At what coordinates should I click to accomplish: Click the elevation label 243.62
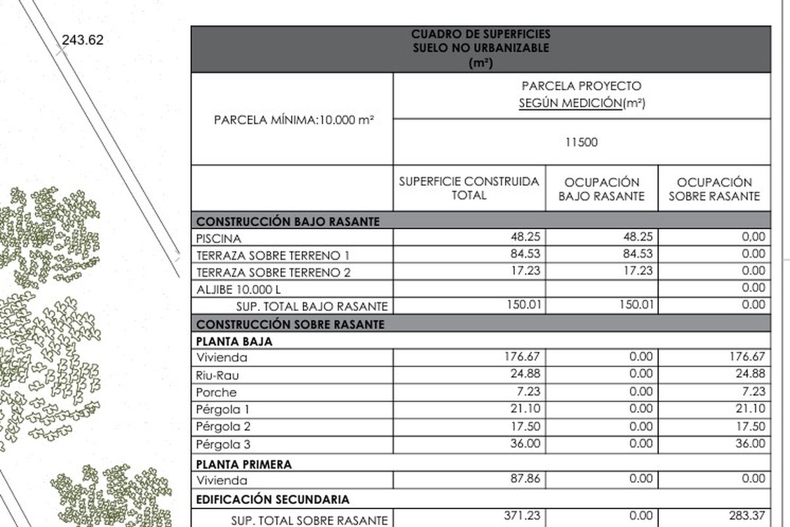point(82,40)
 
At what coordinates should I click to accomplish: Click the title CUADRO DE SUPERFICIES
point(481,34)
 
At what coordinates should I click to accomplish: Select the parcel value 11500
point(582,142)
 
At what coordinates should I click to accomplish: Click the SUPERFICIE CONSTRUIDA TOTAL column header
point(469,188)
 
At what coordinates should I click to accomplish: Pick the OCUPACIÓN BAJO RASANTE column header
point(602,189)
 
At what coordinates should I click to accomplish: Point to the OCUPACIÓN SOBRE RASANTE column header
point(714,189)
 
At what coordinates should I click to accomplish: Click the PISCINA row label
point(219,238)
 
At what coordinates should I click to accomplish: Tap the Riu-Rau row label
point(218,375)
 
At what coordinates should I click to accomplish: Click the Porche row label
point(216,393)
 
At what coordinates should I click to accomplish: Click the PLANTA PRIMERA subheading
point(244,464)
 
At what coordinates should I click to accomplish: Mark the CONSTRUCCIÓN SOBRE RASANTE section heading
point(290,324)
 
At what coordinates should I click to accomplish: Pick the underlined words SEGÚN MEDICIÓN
point(570,103)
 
